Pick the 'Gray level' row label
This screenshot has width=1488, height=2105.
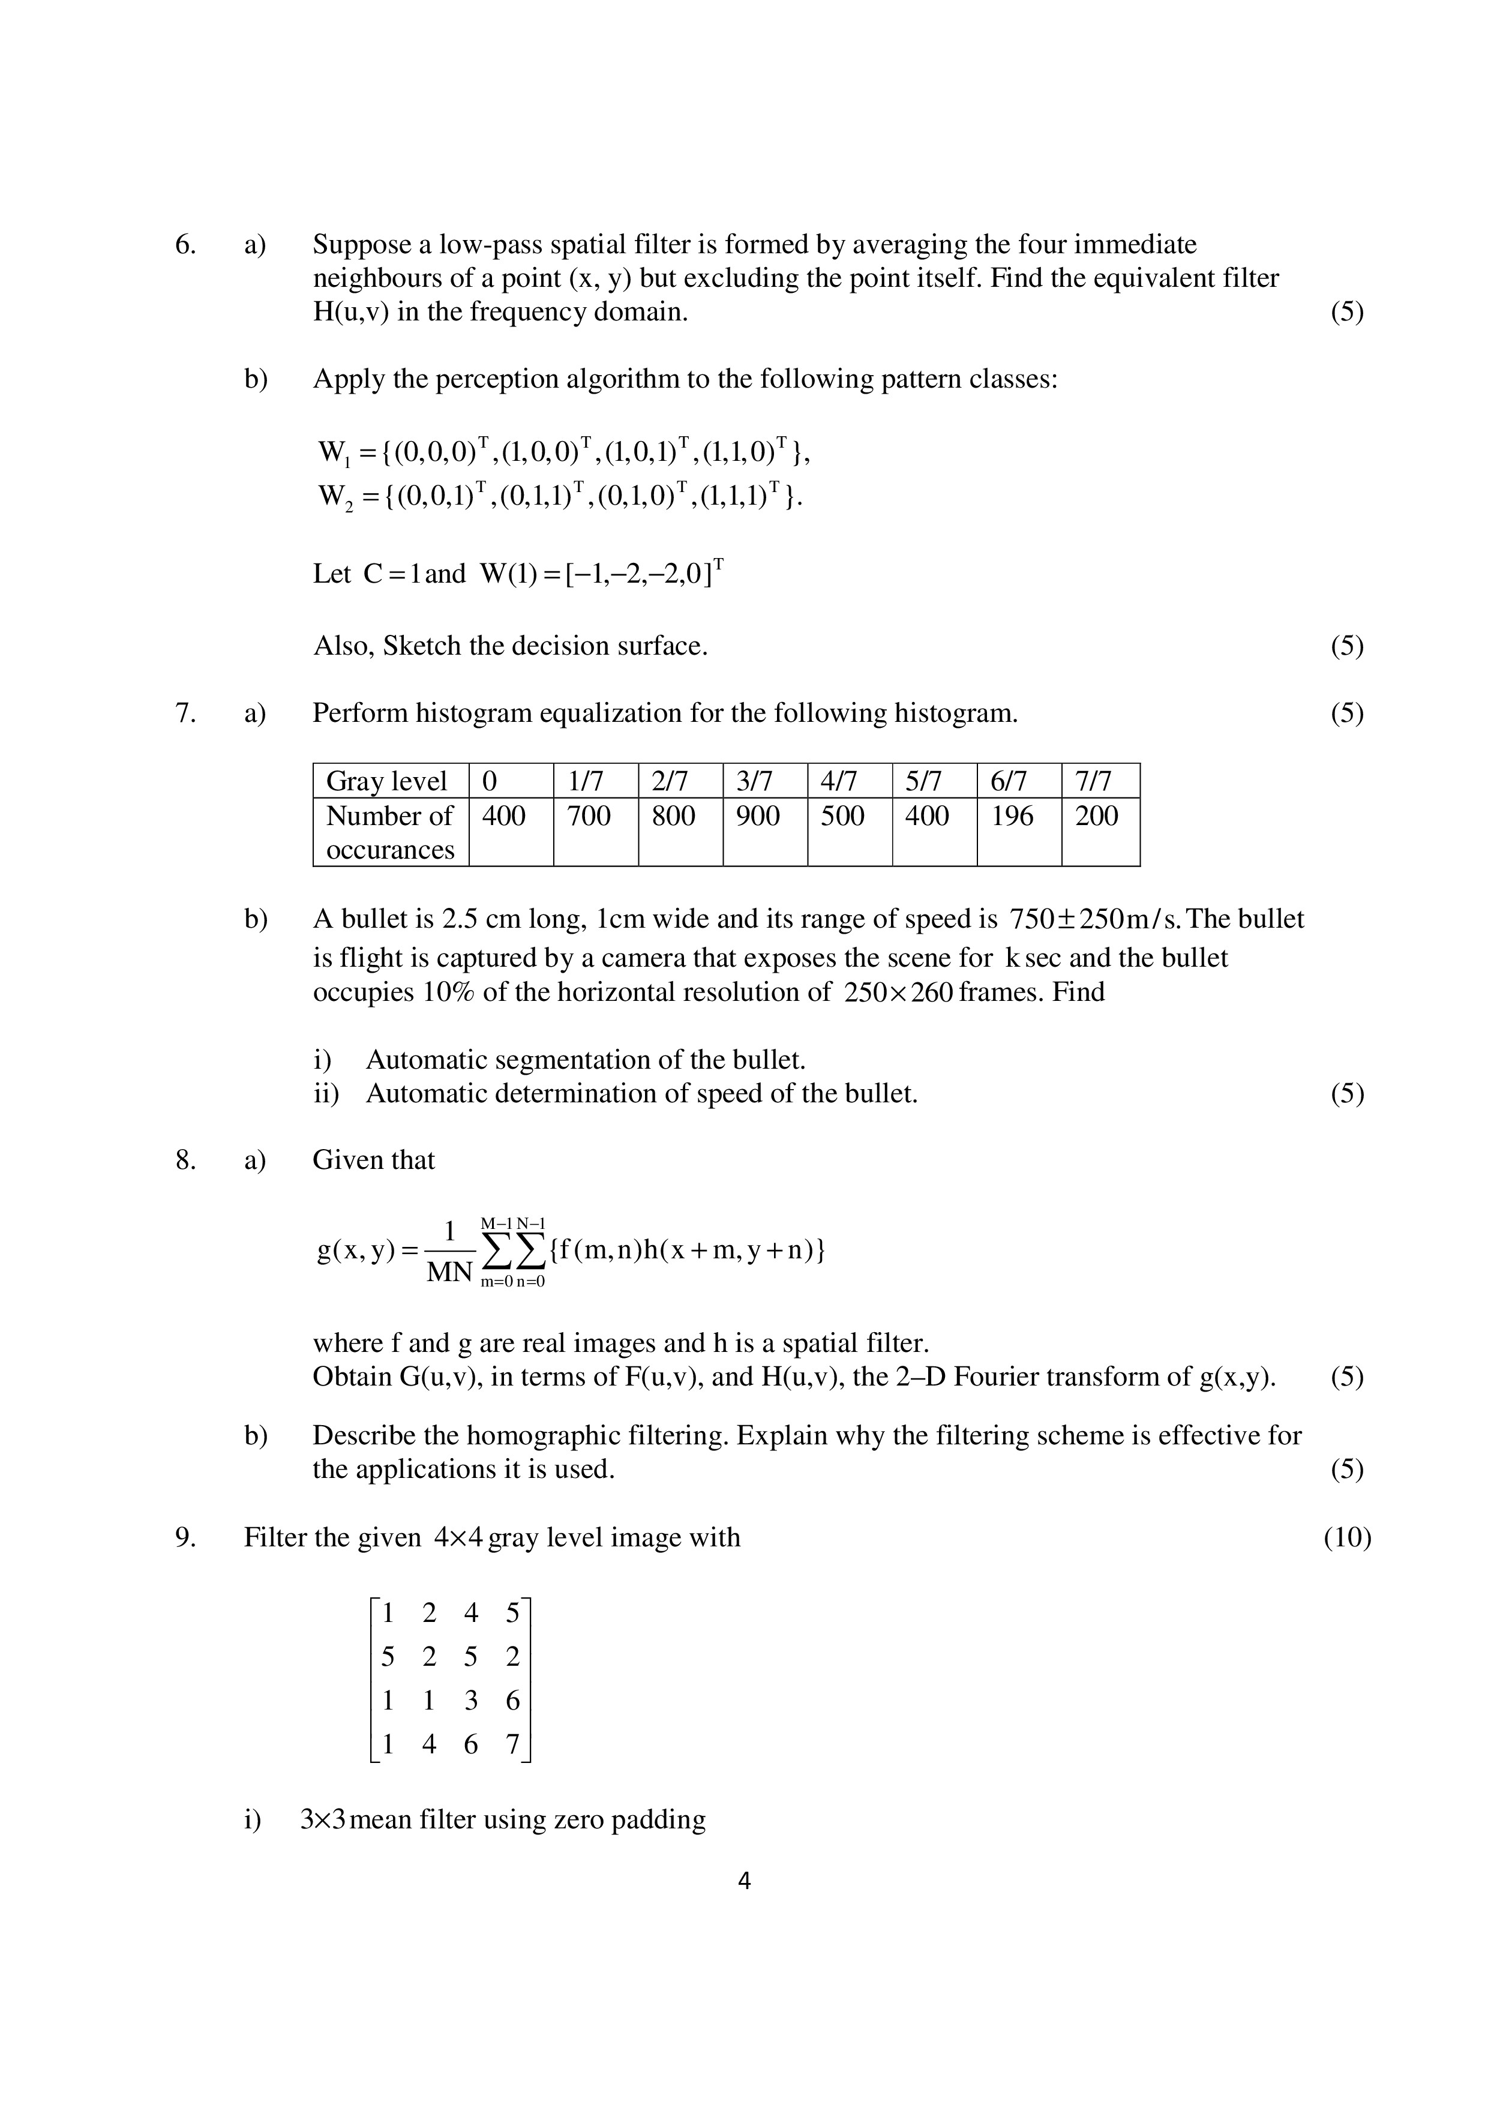point(387,781)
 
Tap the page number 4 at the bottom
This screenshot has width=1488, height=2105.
point(743,1881)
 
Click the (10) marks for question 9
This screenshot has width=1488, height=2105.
point(1347,1537)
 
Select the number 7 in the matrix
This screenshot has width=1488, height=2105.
point(512,1745)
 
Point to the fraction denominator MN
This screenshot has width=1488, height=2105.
point(449,1273)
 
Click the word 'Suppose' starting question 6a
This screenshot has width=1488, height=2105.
point(362,245)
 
